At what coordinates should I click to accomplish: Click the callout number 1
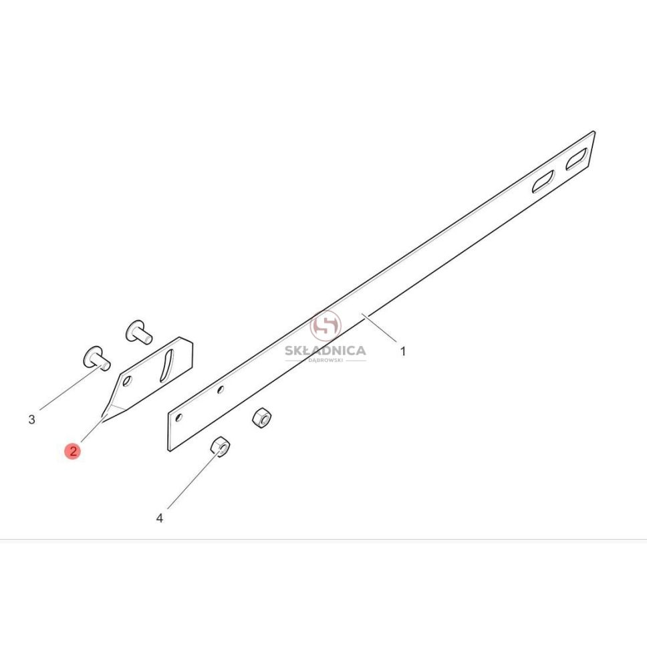tap(402, 351)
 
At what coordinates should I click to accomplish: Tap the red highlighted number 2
tap(73, 451)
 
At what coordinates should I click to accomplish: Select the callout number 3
tap(31, 420)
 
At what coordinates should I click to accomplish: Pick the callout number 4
tap(159, 518)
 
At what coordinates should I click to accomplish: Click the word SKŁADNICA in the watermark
tap(326, 351)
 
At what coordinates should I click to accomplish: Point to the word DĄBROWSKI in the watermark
tap(326, 361)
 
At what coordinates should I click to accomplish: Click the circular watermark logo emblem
tap(326, 326)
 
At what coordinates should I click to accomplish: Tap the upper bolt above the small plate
tap(138, 331)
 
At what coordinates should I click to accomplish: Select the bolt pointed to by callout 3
tap(97, 358)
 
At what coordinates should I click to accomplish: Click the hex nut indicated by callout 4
tap(220, 447)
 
